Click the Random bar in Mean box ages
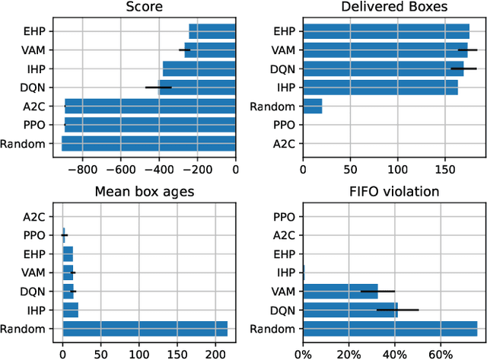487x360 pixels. coord(145,328)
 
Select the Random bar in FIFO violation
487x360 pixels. coord(390,328)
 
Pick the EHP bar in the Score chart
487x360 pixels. coord(212,31)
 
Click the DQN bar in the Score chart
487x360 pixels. coord(273,88)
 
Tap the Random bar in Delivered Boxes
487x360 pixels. coord(312,107)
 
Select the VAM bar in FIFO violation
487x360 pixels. coord(340,291)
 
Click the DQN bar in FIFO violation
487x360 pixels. coord(350,310)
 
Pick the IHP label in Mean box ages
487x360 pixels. coord(45,310)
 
